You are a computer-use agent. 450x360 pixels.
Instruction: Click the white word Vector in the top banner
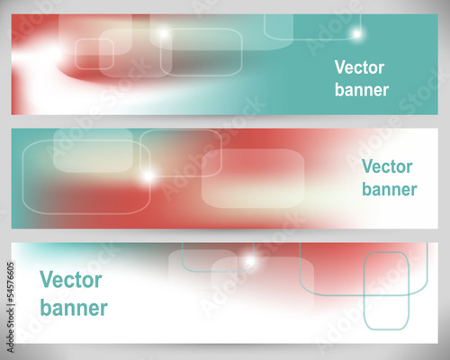[x=359, y=67]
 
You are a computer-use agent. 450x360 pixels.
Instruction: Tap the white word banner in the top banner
[x=362, y=89]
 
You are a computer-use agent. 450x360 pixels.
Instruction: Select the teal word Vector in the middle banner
[x=387, y=166]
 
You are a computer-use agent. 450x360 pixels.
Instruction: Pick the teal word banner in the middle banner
[x=390, y=189]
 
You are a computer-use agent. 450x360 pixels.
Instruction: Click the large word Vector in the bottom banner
[x=71, y=280]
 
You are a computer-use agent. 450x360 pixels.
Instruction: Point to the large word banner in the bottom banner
[x=74, y=308]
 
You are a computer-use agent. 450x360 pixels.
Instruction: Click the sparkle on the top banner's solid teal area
[x=356, y=34]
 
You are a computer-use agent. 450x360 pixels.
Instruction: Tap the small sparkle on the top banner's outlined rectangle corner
[x=164, y=33]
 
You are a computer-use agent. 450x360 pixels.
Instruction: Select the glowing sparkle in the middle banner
[x=148, y=176]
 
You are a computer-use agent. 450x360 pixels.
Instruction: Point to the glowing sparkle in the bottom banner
[x=249, y=262]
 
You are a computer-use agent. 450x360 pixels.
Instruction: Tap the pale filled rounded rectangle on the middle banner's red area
[x=253, y=178]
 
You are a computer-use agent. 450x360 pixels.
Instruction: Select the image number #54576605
[x=11, y=282]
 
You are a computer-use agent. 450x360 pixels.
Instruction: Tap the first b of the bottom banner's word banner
[x=46, y=308]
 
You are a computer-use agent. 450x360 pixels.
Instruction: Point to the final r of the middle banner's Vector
[x=409, y=168]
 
